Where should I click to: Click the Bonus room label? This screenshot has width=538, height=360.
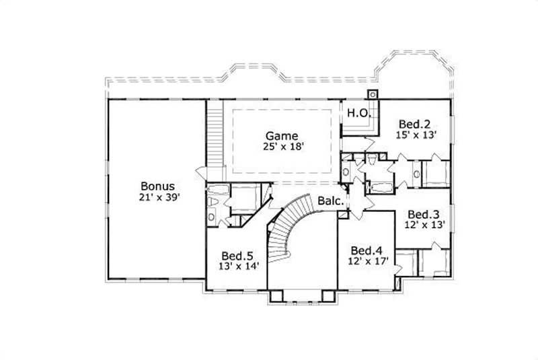click(x=158, y=186)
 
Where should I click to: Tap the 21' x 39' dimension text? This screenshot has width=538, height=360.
click(x=158, y=198)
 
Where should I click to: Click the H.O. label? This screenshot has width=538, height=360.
click(x=358, y=113)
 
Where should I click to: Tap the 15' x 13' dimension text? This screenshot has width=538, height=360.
click(x=418, y=135)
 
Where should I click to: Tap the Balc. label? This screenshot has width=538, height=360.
click(x=332, y=201)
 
